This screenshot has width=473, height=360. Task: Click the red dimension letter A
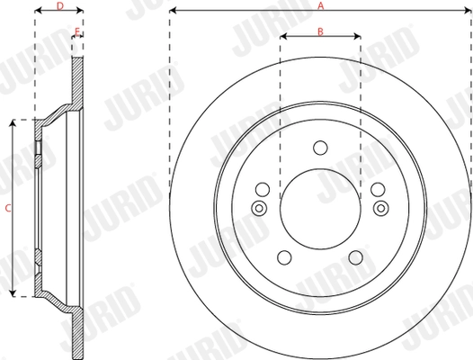click(x=320, y=5)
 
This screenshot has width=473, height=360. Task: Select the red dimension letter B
click(x=320, y=31)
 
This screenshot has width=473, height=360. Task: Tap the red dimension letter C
click(x=6, y=208)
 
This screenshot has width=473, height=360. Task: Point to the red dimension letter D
click(x=59, y=5)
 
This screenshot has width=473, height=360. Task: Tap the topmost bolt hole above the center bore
click(x=320, y=148)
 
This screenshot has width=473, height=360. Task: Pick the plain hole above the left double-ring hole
click(x=263, y=190)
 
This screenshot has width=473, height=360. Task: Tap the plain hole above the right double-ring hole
click(x=378, y=190)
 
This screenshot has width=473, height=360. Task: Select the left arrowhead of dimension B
click(x=282, y=38)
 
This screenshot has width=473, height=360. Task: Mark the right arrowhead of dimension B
click(x=358, y=38)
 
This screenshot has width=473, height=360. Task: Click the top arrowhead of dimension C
click(x=13, y=123)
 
